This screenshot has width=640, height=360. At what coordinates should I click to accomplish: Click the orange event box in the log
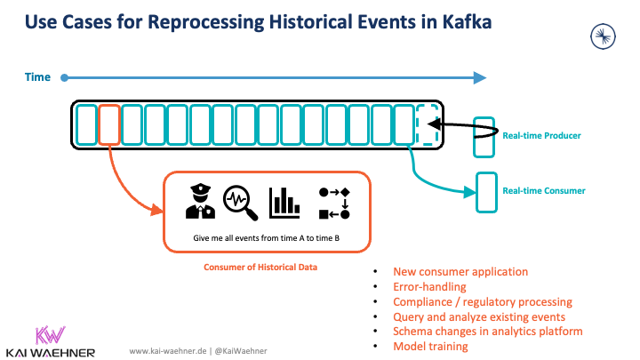click(108, 124)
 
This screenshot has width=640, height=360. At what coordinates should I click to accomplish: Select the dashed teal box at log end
click(428, 124)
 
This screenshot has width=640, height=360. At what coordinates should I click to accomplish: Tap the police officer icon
click(200, 203)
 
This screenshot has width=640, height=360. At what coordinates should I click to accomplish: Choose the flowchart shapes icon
click(333, 203)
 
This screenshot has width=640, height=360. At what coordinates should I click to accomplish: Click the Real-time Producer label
click(541, 135)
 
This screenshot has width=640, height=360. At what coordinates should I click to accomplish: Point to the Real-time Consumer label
click(543, 190)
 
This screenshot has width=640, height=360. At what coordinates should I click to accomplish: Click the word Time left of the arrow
click(36, 78)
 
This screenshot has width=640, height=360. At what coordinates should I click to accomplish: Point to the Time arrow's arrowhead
click(480, 78)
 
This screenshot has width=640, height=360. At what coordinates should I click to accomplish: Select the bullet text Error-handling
click(429, 287)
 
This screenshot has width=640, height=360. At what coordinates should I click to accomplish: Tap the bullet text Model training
click(430, 346)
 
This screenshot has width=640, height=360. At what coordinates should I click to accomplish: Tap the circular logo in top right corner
click(604, 36)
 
